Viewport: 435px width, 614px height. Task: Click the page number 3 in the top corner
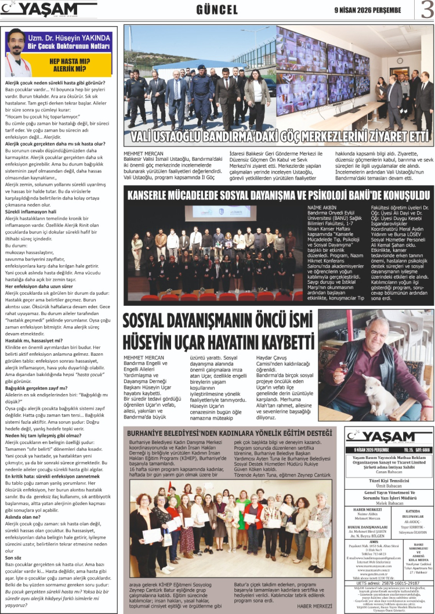coord(426,9)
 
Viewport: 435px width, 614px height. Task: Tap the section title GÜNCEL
coord(217,10)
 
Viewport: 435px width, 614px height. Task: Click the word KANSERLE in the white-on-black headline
coord(153,194)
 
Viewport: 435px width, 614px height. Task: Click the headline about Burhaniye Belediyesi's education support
coord(230,434)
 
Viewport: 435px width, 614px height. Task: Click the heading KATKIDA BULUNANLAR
coord(412,515)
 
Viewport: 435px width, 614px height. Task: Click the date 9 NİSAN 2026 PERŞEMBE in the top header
coord(367,10)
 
